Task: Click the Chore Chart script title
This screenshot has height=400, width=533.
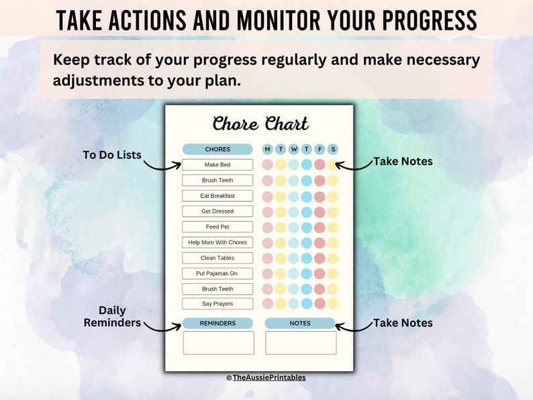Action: pos(260,124)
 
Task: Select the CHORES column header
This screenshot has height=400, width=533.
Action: pos(217,149)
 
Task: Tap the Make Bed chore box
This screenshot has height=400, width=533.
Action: pos(217,164)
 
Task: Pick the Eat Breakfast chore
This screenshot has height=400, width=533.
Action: pos(217,196)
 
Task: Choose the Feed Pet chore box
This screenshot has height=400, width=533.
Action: pos(217,227)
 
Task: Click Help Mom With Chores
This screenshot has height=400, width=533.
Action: pos(217,242)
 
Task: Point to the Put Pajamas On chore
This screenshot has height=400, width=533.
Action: pos(217,273)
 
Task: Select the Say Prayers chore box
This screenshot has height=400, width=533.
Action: pos(217,304)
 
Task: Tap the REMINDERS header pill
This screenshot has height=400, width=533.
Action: pos(217,323)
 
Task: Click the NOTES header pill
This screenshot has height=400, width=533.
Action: pos(300,323)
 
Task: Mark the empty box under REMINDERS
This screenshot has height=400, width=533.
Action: pos(218,342)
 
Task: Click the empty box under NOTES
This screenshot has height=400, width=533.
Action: pos(301,342)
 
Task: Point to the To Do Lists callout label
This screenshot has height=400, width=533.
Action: pos(112,155)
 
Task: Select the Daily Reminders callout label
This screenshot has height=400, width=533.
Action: pos(112,317)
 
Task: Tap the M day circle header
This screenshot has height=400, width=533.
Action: pos(268,149)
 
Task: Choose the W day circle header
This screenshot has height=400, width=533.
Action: pos(293,149)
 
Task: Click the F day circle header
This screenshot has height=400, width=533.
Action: pos(320,149)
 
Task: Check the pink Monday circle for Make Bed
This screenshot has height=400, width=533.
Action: pos(268,164)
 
